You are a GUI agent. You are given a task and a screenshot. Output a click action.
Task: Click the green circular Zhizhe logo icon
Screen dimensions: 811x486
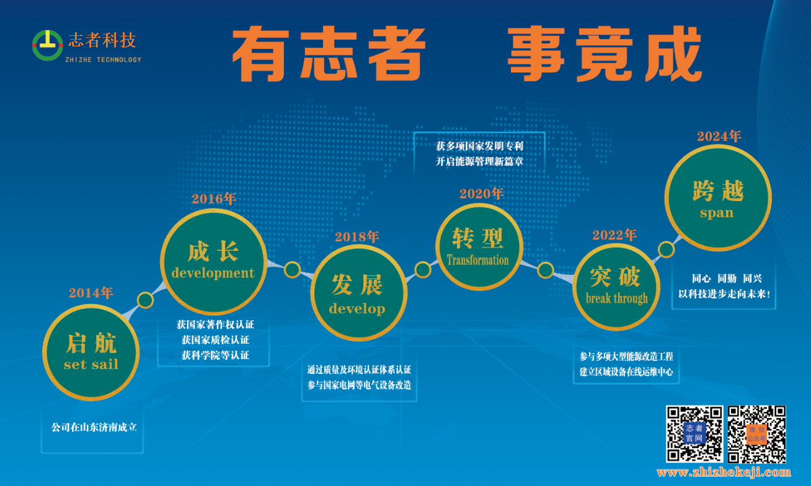[47, 45]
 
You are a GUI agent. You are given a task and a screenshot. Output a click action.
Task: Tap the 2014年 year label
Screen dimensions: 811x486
[91, 293]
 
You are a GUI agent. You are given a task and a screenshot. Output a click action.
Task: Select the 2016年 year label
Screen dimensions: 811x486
[214, 199]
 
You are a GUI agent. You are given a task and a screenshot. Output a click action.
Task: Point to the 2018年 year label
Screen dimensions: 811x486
[357, 237]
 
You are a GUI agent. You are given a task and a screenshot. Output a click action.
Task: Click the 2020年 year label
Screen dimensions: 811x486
[482, 194]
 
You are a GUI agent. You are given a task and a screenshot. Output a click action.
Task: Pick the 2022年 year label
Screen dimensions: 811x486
[614, 235]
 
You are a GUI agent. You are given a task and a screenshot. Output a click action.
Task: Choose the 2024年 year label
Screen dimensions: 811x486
[719, 136]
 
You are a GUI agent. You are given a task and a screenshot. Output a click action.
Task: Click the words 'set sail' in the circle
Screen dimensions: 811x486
[91, 364]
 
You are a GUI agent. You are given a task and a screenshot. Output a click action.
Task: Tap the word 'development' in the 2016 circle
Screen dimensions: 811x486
[213, 273]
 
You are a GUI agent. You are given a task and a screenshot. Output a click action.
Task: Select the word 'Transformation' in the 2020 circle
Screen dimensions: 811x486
[477, 260]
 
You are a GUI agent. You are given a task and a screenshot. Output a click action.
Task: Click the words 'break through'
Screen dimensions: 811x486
[616, 298]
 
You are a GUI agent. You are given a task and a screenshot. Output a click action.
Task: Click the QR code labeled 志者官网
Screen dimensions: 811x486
[694, 434]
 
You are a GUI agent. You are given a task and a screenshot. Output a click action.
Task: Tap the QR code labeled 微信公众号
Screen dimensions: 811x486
[756, 434]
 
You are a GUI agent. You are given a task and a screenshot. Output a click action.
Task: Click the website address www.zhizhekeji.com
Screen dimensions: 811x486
[724, 472]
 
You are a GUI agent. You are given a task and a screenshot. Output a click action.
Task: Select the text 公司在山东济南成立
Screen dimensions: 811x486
[94, 427]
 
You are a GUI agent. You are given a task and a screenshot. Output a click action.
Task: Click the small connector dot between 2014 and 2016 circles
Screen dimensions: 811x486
[145, 300]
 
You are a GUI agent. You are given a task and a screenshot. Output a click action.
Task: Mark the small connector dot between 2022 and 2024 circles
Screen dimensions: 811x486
[666, 250]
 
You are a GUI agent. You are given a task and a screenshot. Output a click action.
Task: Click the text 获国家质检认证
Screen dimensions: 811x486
[215, 340]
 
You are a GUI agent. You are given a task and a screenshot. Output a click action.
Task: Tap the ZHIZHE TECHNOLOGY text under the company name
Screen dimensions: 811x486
[103, 59]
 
